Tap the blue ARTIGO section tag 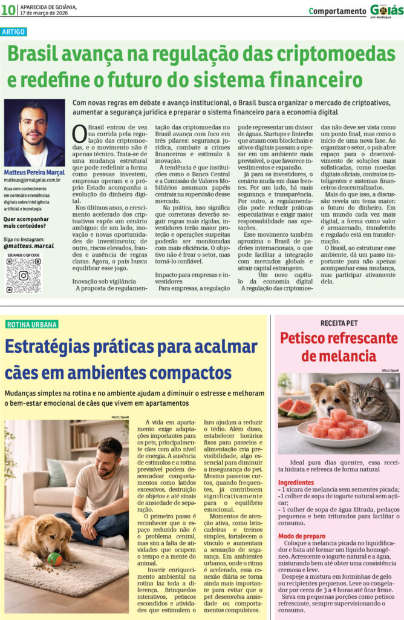click(14, 32)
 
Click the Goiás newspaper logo click(385, 10)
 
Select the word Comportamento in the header click(337, 11)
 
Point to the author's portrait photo click(34, 133)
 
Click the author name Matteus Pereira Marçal click(34, 173)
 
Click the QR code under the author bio click(24, 276)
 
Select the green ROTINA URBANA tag click(32, 325)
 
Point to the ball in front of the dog click(55, 558)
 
